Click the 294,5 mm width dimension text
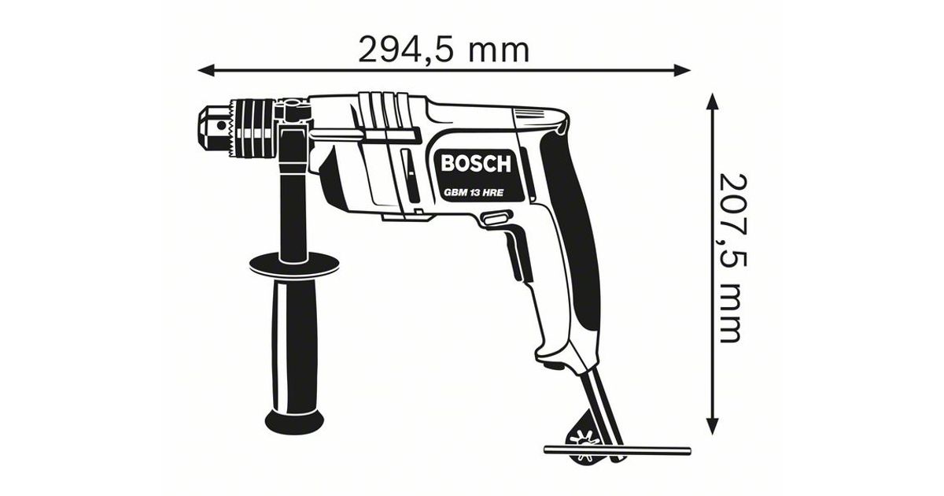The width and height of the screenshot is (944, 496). click(x=444, y=51)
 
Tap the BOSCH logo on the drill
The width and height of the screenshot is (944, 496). click(x=475, y=164)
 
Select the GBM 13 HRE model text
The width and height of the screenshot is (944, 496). click(x=474, y=193)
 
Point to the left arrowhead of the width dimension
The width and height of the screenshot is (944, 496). click(x=206, y=70)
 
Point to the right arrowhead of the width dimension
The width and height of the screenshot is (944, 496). click(x=682, y=70)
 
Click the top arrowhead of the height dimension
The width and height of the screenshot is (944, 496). click(x=712, y=102)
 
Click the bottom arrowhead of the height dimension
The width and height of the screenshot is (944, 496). click(x=712, y=425)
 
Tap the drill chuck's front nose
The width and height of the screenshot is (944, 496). click(x=213, y=126)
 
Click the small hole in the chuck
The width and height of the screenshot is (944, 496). click(x=221, y=125)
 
